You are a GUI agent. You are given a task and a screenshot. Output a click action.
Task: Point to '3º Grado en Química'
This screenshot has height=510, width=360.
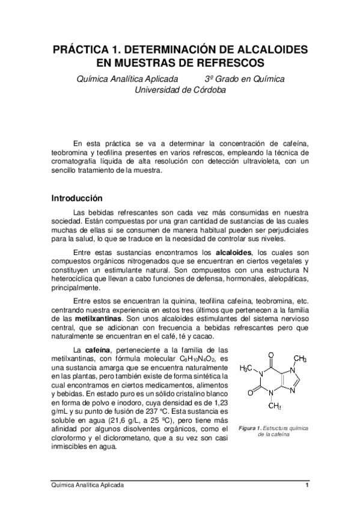tap(245, 79)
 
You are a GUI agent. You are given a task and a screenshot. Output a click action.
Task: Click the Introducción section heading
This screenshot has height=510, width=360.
tap(78, 198)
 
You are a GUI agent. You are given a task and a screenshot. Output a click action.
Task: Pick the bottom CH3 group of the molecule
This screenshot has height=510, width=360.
tap(274, 405)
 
